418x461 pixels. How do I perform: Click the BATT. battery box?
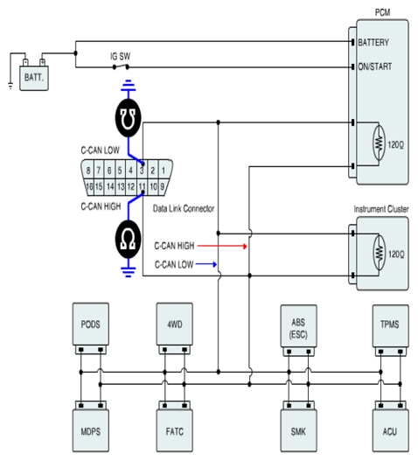tap(34, 78)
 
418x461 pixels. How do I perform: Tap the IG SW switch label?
tap(120, 56)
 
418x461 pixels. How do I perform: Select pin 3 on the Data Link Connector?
tap(142, 171)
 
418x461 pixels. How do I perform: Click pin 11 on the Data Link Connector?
tap(142, 186)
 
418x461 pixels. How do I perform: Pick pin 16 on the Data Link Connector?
tap(89, 186)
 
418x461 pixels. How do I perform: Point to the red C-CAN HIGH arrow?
tap(222, 246)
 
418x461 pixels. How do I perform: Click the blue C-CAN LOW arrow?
tap(206, 264)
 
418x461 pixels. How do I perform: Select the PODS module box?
tap(91, 324)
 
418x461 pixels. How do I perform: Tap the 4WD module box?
tap(175, 324)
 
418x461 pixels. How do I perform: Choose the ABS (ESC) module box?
tap(299, 326)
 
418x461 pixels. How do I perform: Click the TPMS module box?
tap(390, 326)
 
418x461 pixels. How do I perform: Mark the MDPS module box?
tap(91, 430)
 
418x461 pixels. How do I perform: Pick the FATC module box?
tap(175, 430)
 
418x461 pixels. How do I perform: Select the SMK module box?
tap(299, 430)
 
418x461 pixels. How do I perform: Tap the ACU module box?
tap(390, 430)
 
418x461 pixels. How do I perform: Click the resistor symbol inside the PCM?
tap(380, 143)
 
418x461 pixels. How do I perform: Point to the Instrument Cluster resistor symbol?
tap(380, 253)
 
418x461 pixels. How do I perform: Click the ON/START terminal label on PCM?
tap(375, 66)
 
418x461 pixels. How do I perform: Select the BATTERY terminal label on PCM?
tap(373, 43)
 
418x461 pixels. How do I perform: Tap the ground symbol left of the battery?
tap(10, 86)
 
